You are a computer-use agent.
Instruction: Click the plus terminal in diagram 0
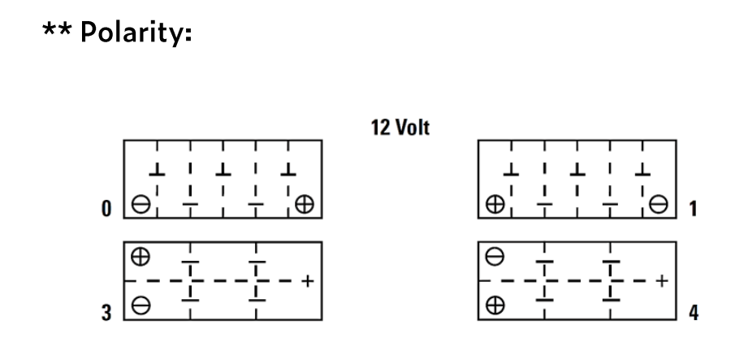tap(305, 205)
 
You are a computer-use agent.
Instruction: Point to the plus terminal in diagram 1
tap(492, 205)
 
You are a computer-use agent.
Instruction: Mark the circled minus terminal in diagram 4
tap(493, 254)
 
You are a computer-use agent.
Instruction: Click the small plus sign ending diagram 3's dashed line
tap(307, 281)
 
